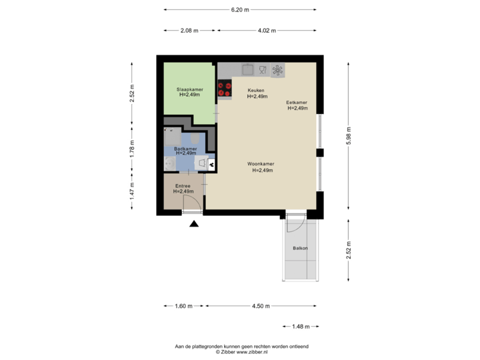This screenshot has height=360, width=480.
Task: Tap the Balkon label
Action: tap(300, 249)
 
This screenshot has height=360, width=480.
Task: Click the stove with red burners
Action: tap(224, 89)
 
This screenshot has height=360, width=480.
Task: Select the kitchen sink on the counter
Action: tap(248, 69)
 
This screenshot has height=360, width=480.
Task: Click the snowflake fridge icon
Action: tap(277, 69)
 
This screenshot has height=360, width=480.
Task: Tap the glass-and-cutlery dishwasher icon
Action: tap(263, 69)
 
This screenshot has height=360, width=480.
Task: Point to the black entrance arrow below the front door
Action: tap(194, 225)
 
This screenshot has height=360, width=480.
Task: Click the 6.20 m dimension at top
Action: tap(240, 10)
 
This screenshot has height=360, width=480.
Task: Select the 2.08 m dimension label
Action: tap(187, 31)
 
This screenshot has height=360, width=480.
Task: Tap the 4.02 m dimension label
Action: tap(267, 31)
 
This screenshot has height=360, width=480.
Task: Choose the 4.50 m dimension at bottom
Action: tap(261, 306)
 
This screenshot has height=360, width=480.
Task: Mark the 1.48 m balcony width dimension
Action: tap(301, 326)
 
